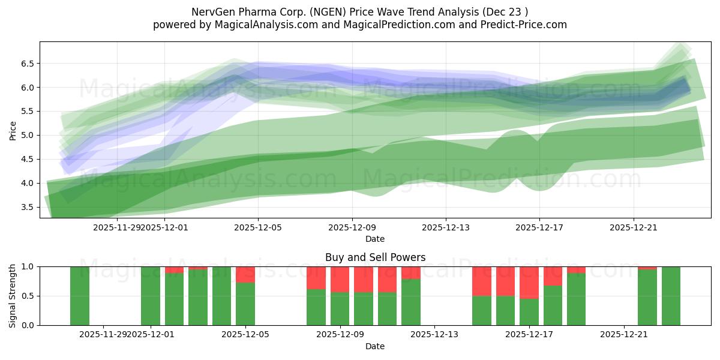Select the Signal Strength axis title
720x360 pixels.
click(13, 296)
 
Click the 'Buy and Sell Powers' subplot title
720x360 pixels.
click(375, 257)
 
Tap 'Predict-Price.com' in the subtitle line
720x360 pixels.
click(524, 25)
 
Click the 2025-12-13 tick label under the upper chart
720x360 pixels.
click(445, 227)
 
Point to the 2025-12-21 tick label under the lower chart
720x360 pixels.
click(624, 334)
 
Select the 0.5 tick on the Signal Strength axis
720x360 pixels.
click(28, 296)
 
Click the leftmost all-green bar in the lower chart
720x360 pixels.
click(80, 296)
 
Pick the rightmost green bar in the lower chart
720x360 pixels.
click(671, 296)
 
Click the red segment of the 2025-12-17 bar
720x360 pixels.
click(529, 282)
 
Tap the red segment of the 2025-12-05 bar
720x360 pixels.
click(245, 274)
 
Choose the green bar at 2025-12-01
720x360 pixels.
click(151, 296)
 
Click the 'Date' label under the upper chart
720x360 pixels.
click(375, 239)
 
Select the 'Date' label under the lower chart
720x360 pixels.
click(375, 346)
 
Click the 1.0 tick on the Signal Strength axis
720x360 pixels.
click(28, 266)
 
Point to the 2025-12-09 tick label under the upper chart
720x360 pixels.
click(352, 227)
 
